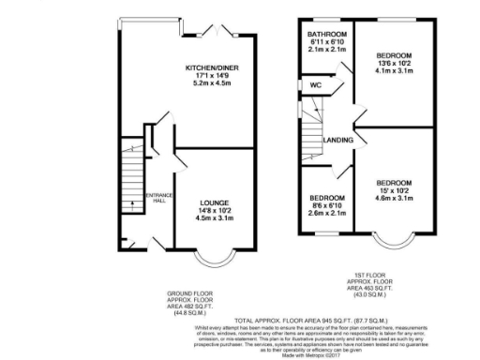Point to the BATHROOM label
[x=321, y=32]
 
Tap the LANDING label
[x=337, y=141]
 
